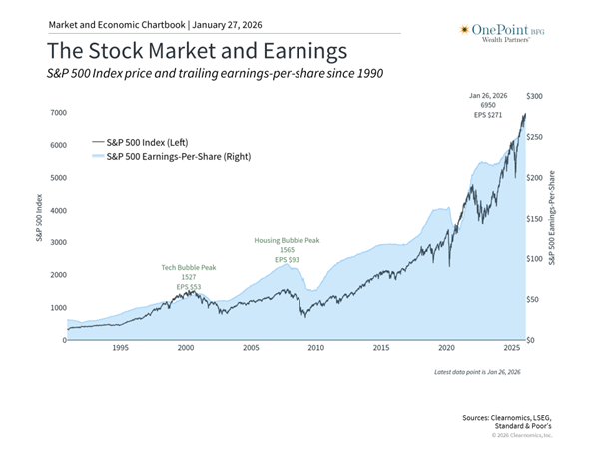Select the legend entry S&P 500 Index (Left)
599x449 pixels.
(147, 143)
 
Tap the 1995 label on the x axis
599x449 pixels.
(120, 349)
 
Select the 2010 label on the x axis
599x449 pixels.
(316, 349)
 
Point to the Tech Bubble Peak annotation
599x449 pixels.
(188, 268)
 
